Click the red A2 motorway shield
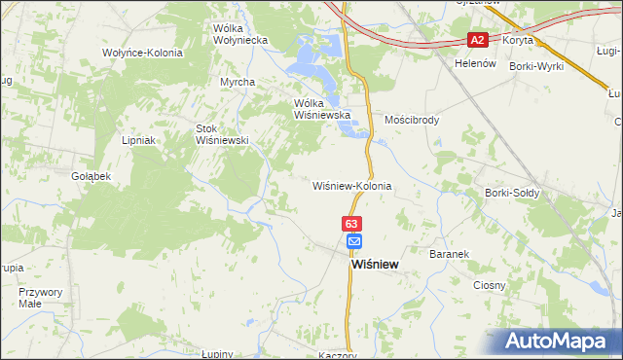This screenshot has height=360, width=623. pyautogui.click(x=477, y=40)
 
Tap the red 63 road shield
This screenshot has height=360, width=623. pyautogui.click(x=352, y=224)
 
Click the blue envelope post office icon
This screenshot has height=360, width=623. pyautogui.click(x=353, y=241)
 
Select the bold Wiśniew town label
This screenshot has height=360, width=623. pyautogui.click(x=374, y=264)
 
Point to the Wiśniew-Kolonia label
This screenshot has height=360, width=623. pyautogui.click(x=351, y=185)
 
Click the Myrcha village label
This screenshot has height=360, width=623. pyautogui.click(x=238, y=82)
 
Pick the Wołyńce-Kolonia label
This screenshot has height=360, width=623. pyautogui.click(x=142, y=52)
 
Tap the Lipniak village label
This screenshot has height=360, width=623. pyautogui.click(x=139, y=140)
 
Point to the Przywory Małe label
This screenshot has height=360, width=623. pyautogui.click(x=41, y=297)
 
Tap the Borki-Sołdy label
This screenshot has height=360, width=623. pyautogui.click(x=512, y=193)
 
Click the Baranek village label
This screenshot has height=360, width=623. pyautogui.click(x=449, y=254)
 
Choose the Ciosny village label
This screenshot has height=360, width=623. pyautogui.click(x=490, y=285)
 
